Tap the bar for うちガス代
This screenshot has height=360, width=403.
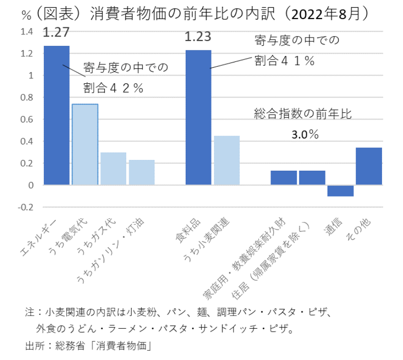(x=113, y=169)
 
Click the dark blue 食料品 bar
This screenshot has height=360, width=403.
(x=198, y=118)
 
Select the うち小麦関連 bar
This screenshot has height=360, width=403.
(x=227, y=160)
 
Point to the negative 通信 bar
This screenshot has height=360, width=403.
(x=340, y=191)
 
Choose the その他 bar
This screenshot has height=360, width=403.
(x=369, y=166)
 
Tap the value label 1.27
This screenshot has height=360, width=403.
(x=57, y=33)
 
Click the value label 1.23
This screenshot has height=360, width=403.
(x=198, y=38)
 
